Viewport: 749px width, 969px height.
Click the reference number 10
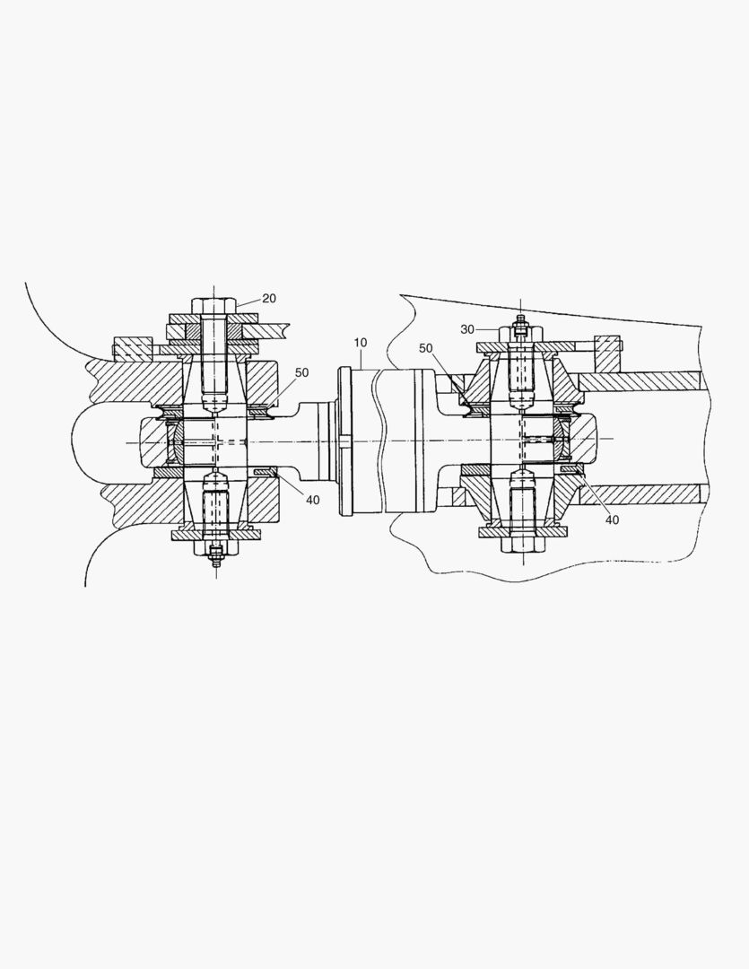(360, 344)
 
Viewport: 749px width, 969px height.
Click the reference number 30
(467, 329)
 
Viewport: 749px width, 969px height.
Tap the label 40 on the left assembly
(311, 499)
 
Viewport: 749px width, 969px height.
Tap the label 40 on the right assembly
(610, 519)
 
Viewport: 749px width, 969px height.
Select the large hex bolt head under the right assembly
(520, 545)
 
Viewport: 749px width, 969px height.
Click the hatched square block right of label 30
(607, 352)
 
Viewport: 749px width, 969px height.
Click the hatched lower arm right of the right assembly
(641, 493)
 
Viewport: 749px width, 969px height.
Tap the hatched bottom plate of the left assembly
(214, 535)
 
